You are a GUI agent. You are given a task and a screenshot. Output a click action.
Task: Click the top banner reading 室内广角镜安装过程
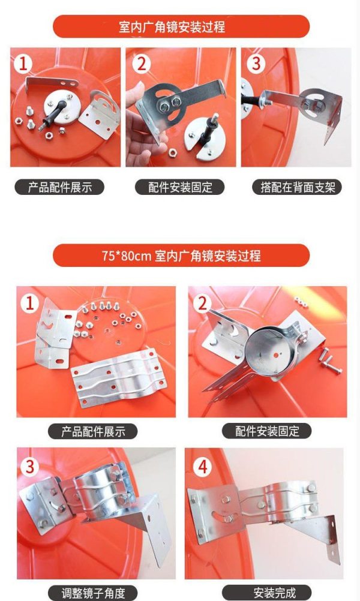(181, 26)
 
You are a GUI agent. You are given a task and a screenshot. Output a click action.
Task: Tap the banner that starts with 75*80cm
(181, 256)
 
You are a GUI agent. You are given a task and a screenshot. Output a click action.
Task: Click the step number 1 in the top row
(23, 63)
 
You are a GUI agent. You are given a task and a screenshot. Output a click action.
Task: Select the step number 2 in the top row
(141, 63)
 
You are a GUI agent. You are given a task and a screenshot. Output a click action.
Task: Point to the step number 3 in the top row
(256, 63)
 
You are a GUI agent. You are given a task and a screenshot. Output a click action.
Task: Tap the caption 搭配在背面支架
(296, 187)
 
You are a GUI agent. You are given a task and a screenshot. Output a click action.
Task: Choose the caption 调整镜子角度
(93, 593)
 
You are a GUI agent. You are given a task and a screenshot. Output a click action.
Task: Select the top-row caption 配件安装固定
(179, 187)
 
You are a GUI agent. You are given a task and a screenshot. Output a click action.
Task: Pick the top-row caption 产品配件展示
(59, 187)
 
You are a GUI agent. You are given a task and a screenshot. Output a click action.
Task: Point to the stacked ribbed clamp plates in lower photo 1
(119, 377)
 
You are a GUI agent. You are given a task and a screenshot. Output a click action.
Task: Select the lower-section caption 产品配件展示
(92, 431)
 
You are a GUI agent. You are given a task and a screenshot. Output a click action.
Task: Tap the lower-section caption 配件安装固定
(267, 431)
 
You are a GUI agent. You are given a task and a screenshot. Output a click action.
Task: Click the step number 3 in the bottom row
(29, 467)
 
